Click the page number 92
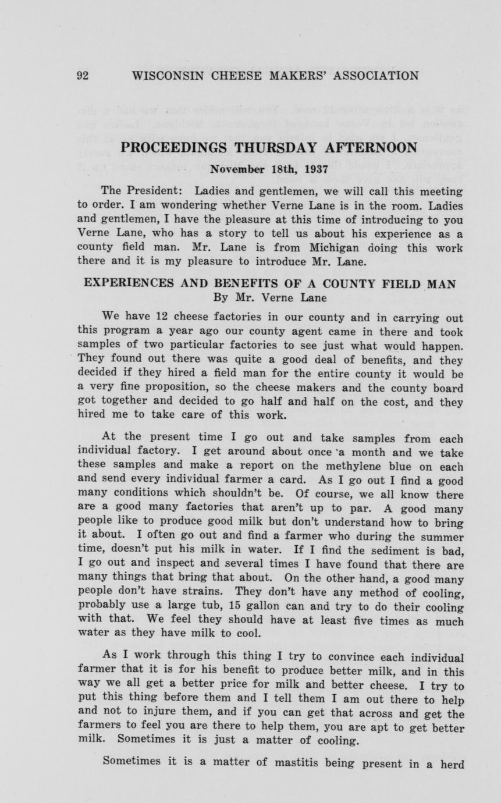(82, 76)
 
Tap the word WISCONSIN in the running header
(165, 76)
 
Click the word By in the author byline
(221, 297)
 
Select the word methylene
(341, 467)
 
